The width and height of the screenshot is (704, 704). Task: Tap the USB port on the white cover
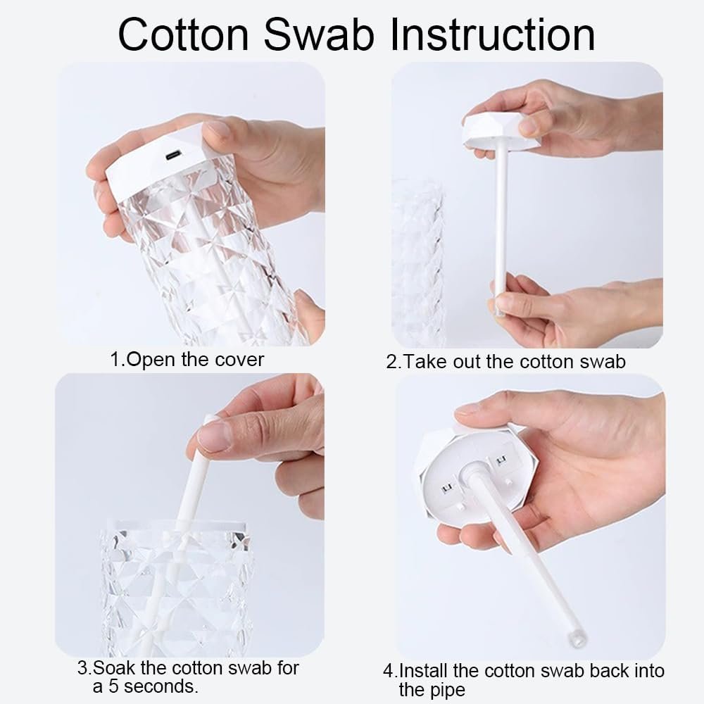click(172, 156)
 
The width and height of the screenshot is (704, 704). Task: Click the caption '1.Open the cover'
click(187, 360)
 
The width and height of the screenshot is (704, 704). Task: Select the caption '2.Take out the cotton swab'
click(505, 362)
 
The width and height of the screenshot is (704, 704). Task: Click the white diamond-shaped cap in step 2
click(501, 130)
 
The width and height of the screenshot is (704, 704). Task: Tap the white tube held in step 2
click(503, 232)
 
